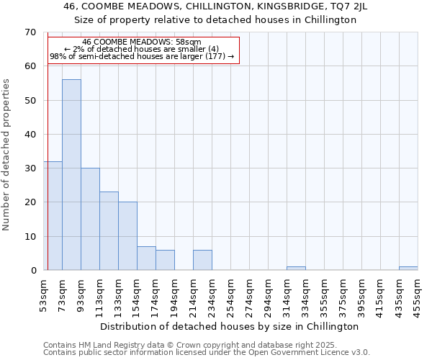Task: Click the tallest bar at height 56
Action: (71, 175)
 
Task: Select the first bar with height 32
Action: (53, 216)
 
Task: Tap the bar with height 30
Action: (90, 219)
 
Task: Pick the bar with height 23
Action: (109, 231)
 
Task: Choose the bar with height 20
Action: (127, 236)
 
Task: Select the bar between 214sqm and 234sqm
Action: (202, 260)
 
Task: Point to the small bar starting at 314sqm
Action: (296, 269)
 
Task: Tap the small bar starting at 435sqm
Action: (408, 269)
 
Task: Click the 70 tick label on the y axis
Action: (30, 32)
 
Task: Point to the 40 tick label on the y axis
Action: (30, 135)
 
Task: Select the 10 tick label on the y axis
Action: (30, 237)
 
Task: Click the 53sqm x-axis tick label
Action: (43, 294)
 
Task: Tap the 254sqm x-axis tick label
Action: (230, 294)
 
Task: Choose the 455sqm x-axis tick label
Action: (418, 294)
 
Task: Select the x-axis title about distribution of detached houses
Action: (230, 327)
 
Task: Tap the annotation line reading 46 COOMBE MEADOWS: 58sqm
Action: (142, 42)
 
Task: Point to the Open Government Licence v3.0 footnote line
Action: (207, 353)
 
